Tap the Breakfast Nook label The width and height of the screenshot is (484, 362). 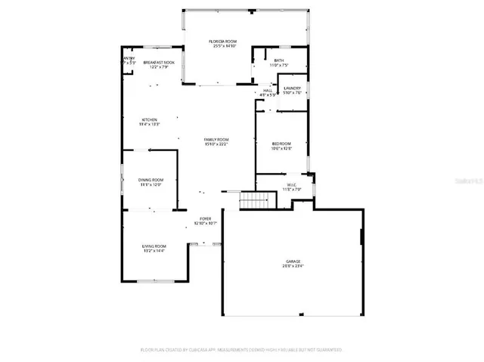click(159, 62)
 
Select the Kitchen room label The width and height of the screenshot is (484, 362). click(149, 120)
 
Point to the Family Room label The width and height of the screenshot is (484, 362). click(216, 139)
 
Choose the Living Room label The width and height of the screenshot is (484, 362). click(154, 246)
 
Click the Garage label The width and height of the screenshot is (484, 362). click(291, 261)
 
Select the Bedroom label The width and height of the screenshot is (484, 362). click(281, 144)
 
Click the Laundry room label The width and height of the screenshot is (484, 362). click(293, 88)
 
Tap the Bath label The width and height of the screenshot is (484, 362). click(279, 60)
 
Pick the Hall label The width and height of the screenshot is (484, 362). click(268, 91)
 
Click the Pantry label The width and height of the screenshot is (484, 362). click(129, 58)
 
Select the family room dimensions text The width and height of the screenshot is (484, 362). click(216, 144)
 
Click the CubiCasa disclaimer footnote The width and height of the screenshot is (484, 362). click(242, 350)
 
